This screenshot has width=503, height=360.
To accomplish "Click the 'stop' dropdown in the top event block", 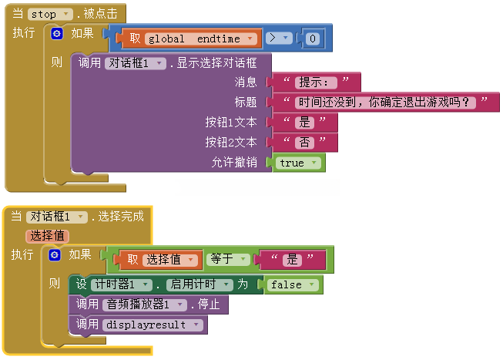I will [50, 14].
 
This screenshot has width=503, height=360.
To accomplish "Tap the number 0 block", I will [311, 38].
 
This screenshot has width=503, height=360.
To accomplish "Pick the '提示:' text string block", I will [315, 82].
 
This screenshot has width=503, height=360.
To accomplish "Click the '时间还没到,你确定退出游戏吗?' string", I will [384, 102].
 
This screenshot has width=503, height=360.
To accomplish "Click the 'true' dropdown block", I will [299, 163].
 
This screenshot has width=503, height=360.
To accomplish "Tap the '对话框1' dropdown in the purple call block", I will [135, 63].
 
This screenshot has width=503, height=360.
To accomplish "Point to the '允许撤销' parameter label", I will [234, 163].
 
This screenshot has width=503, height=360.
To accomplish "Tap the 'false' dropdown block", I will [293, 284].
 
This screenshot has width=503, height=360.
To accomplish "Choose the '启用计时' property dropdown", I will [200, 284].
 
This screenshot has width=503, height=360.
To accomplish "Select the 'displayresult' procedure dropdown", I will [153, 325].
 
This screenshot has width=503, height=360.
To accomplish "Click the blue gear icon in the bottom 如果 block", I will [55, 255].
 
